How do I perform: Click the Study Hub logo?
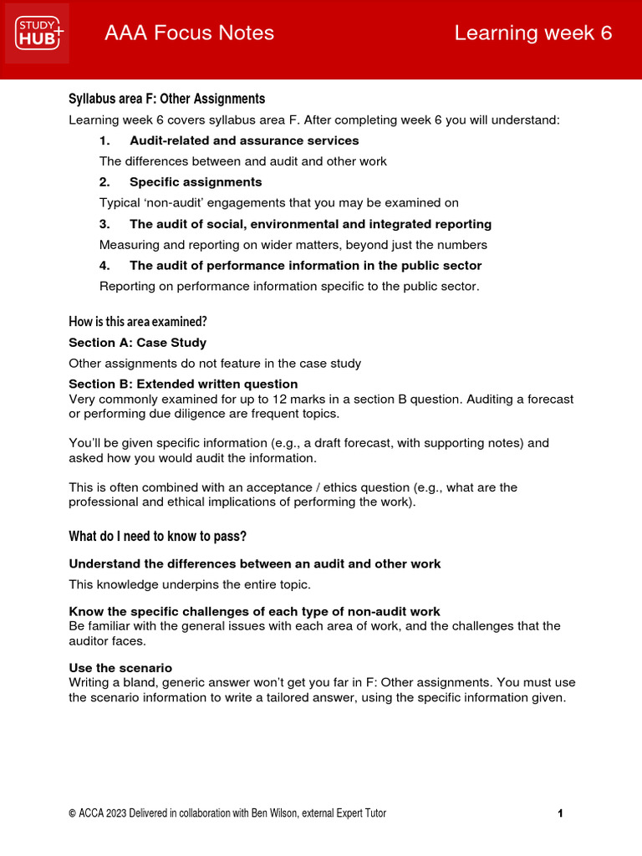38,33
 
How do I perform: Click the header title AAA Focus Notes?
189,33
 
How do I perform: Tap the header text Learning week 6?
532,33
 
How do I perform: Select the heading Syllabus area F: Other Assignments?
166,99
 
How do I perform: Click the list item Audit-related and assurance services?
244,140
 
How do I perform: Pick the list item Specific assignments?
196,182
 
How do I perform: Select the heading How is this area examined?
138,321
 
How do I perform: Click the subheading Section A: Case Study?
137,343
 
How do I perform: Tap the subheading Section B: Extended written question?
183,385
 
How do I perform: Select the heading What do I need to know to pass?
157,536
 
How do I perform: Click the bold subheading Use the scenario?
120,668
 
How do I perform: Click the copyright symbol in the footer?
73,813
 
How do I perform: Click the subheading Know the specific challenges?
254,611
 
